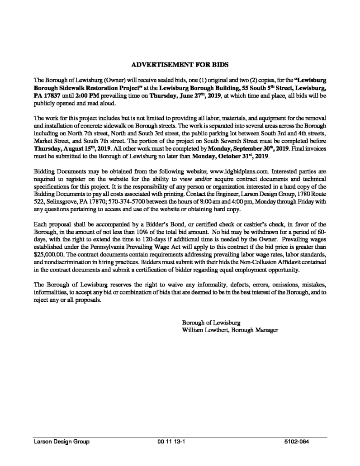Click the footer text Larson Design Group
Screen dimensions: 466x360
[x=61, y=441]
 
